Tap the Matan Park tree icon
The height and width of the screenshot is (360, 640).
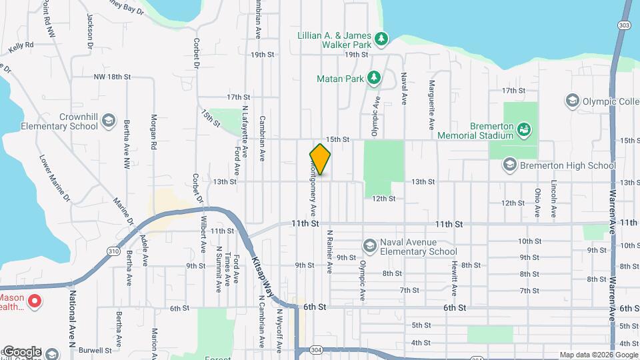(375, 79)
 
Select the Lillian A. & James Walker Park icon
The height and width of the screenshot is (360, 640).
(381, 39)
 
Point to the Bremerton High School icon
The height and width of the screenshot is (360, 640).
(510, 165)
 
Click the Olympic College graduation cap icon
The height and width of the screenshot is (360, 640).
(571, 101)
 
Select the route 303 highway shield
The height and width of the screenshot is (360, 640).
(624, 25)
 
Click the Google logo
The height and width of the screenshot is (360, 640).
(22, 352)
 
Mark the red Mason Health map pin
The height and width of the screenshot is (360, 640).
(33, 301)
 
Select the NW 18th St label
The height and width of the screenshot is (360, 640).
(112, 77)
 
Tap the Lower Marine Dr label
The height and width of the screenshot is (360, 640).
(55, 178)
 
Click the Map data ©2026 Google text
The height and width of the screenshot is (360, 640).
(599, 355)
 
